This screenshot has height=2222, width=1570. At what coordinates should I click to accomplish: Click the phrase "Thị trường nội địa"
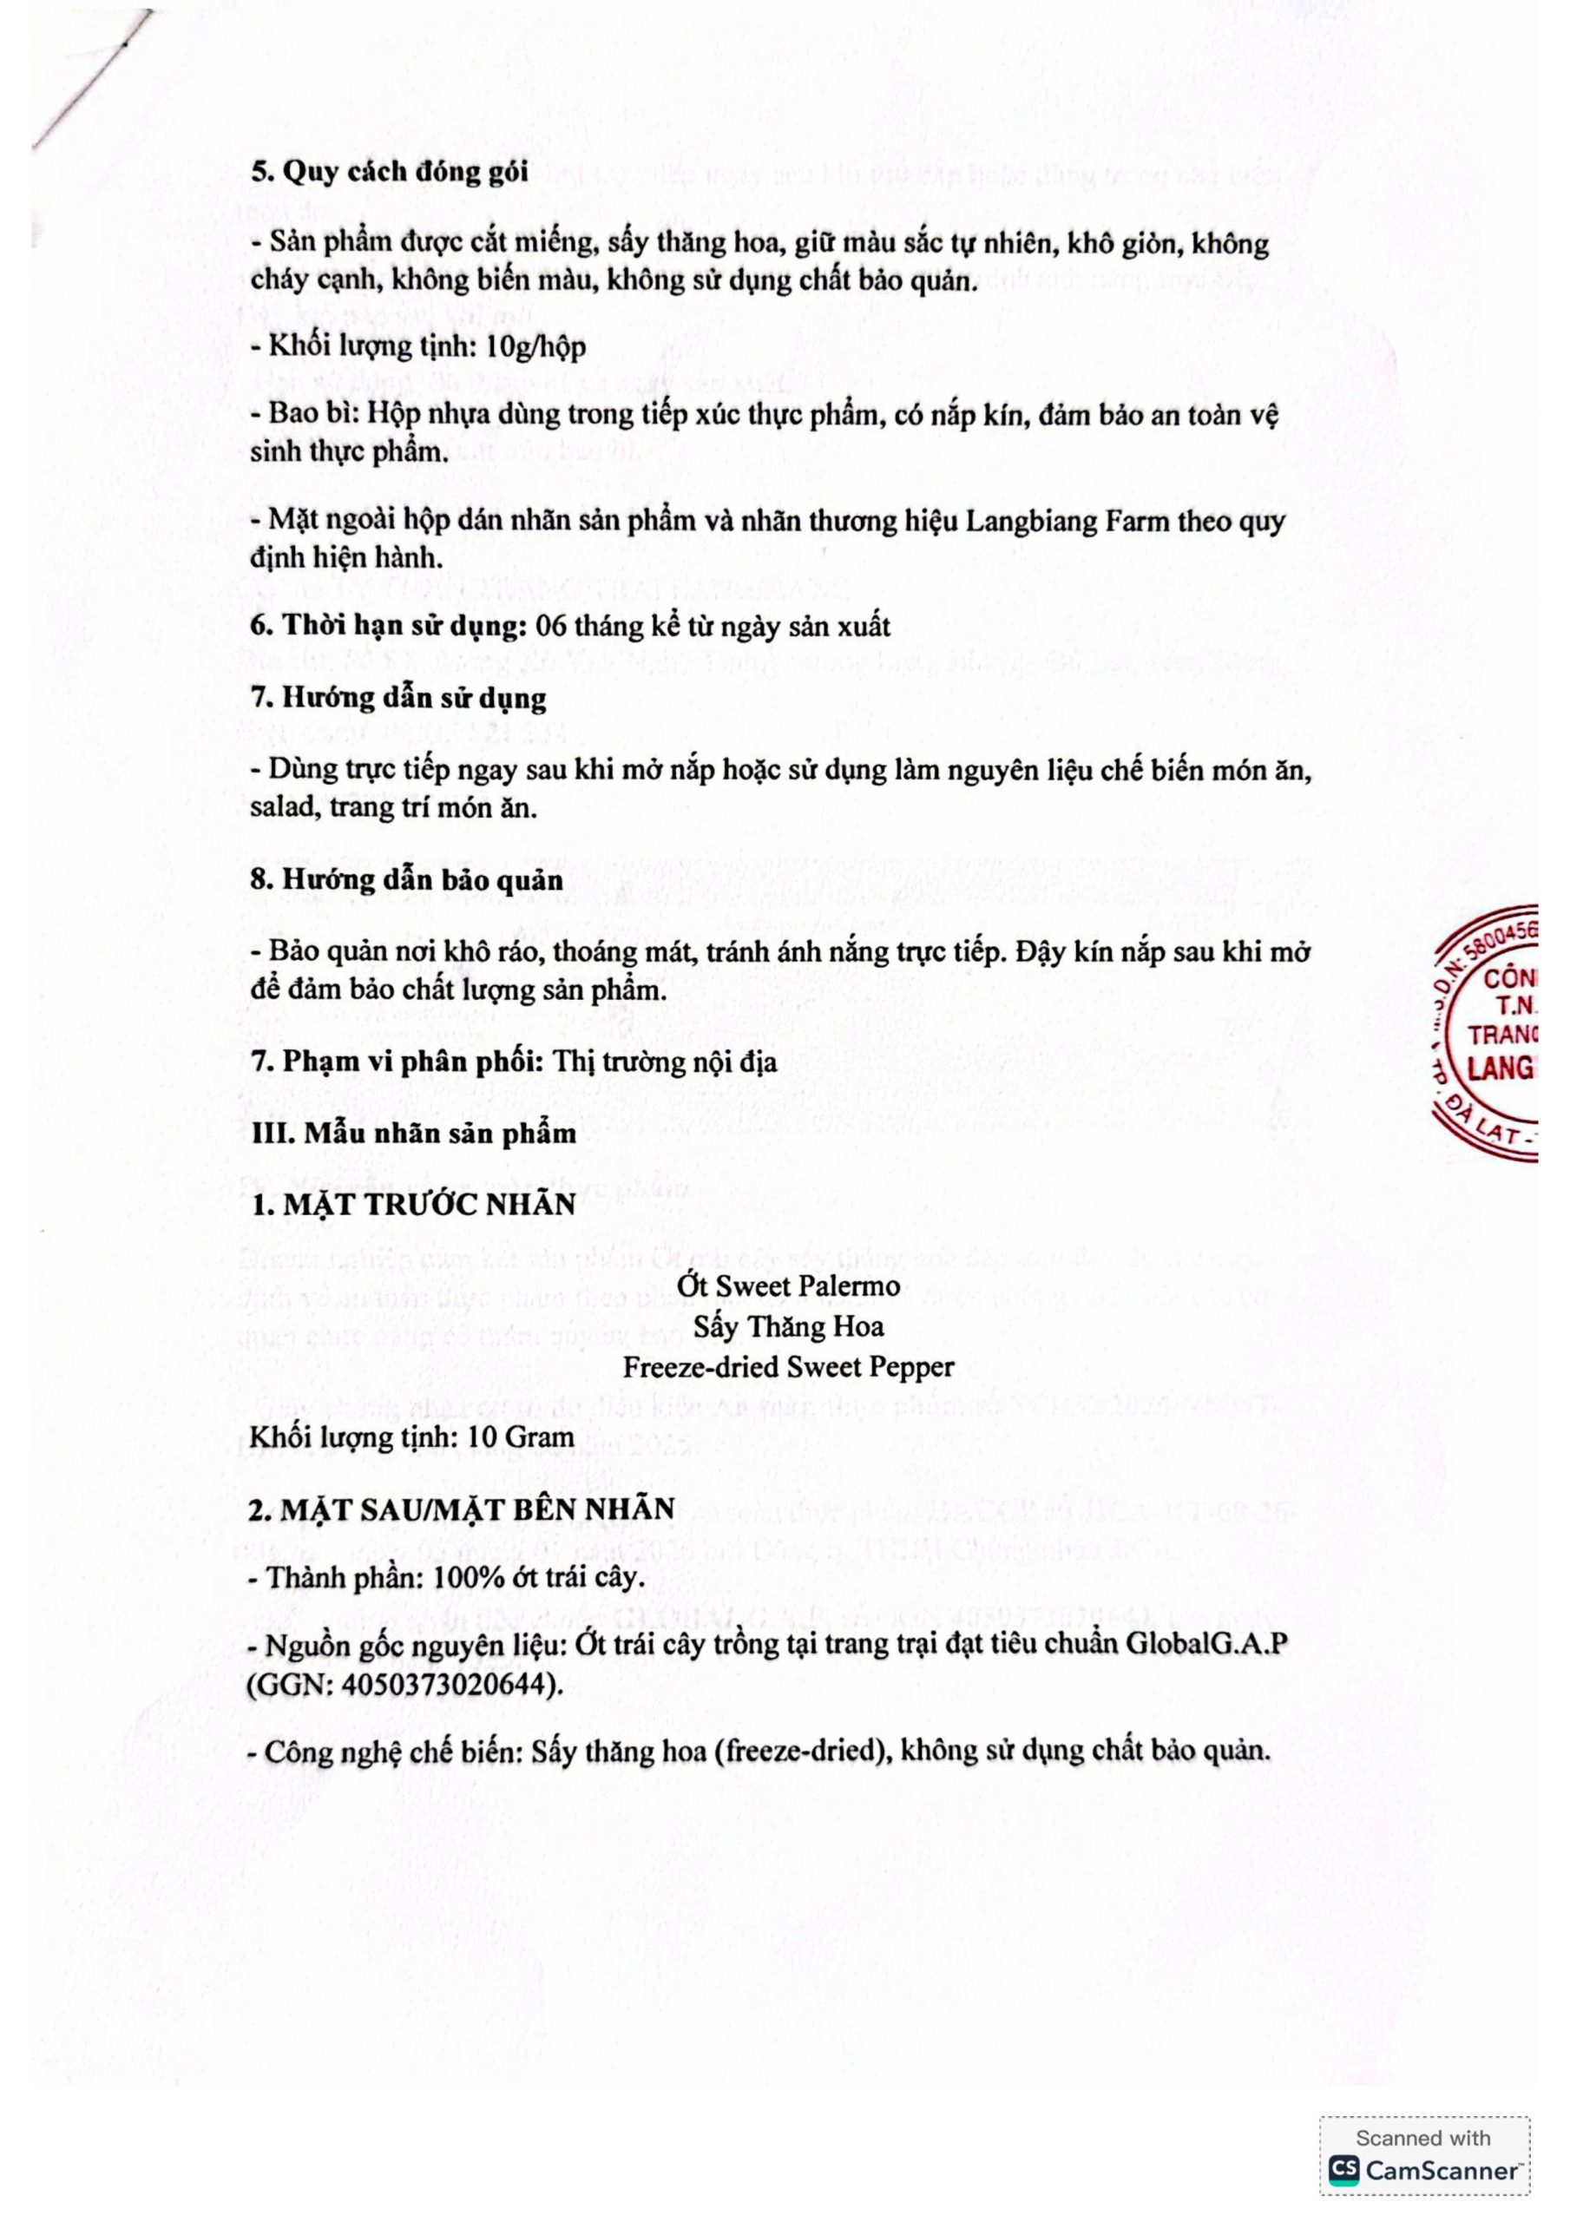pyautogui.click(x=665, y=1062)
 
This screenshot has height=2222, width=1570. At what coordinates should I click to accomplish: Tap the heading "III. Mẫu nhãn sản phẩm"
pyautogui.click(x=413, y=1134)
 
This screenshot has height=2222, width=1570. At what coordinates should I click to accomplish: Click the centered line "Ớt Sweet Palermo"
pyautogui.click(x=788, y=1286)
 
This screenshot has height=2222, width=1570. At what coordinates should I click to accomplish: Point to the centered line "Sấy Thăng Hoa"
pyautogui.click(x=788, y=1327)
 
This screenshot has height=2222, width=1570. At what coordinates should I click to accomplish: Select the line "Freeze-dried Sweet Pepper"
pyautogui.click(x=788, y=1367)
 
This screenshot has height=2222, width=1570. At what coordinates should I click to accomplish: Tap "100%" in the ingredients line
pyautogui.click(x=465, y=1579)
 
